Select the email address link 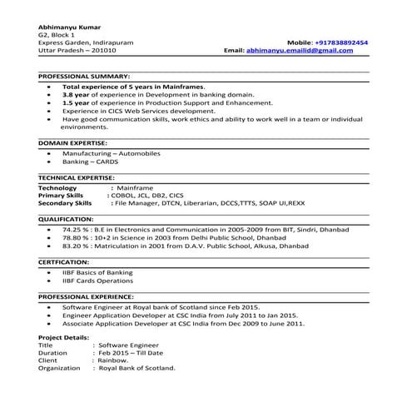[300, 51]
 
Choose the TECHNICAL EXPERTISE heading [76, 178]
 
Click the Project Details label [63, 337]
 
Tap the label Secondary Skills [65, 202]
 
